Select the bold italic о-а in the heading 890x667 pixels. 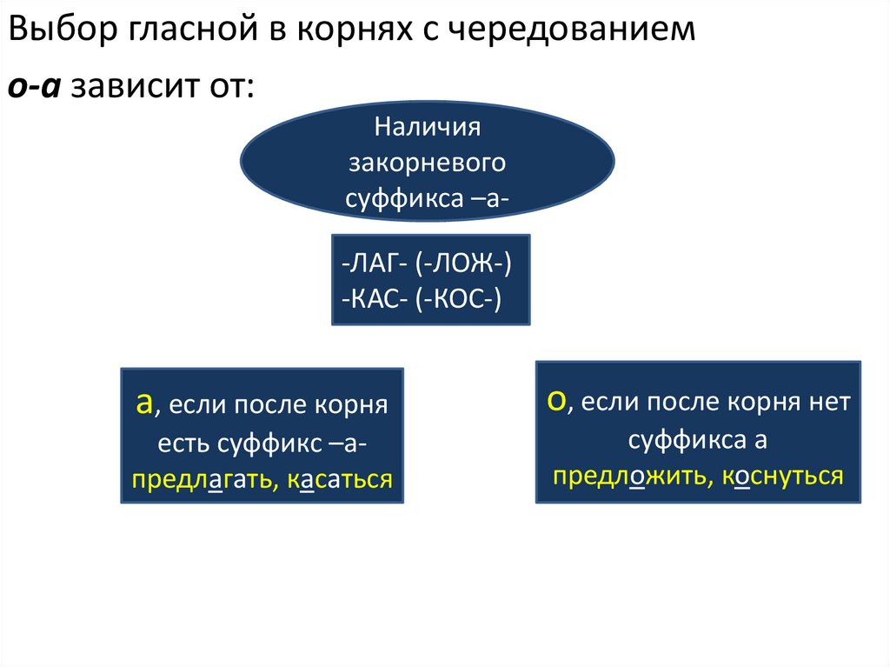point(34,87)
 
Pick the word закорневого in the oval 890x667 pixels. point(428,163)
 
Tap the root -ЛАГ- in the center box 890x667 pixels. point(371,263)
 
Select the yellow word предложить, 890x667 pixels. point(624,476)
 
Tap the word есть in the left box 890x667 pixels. point(183,443)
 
